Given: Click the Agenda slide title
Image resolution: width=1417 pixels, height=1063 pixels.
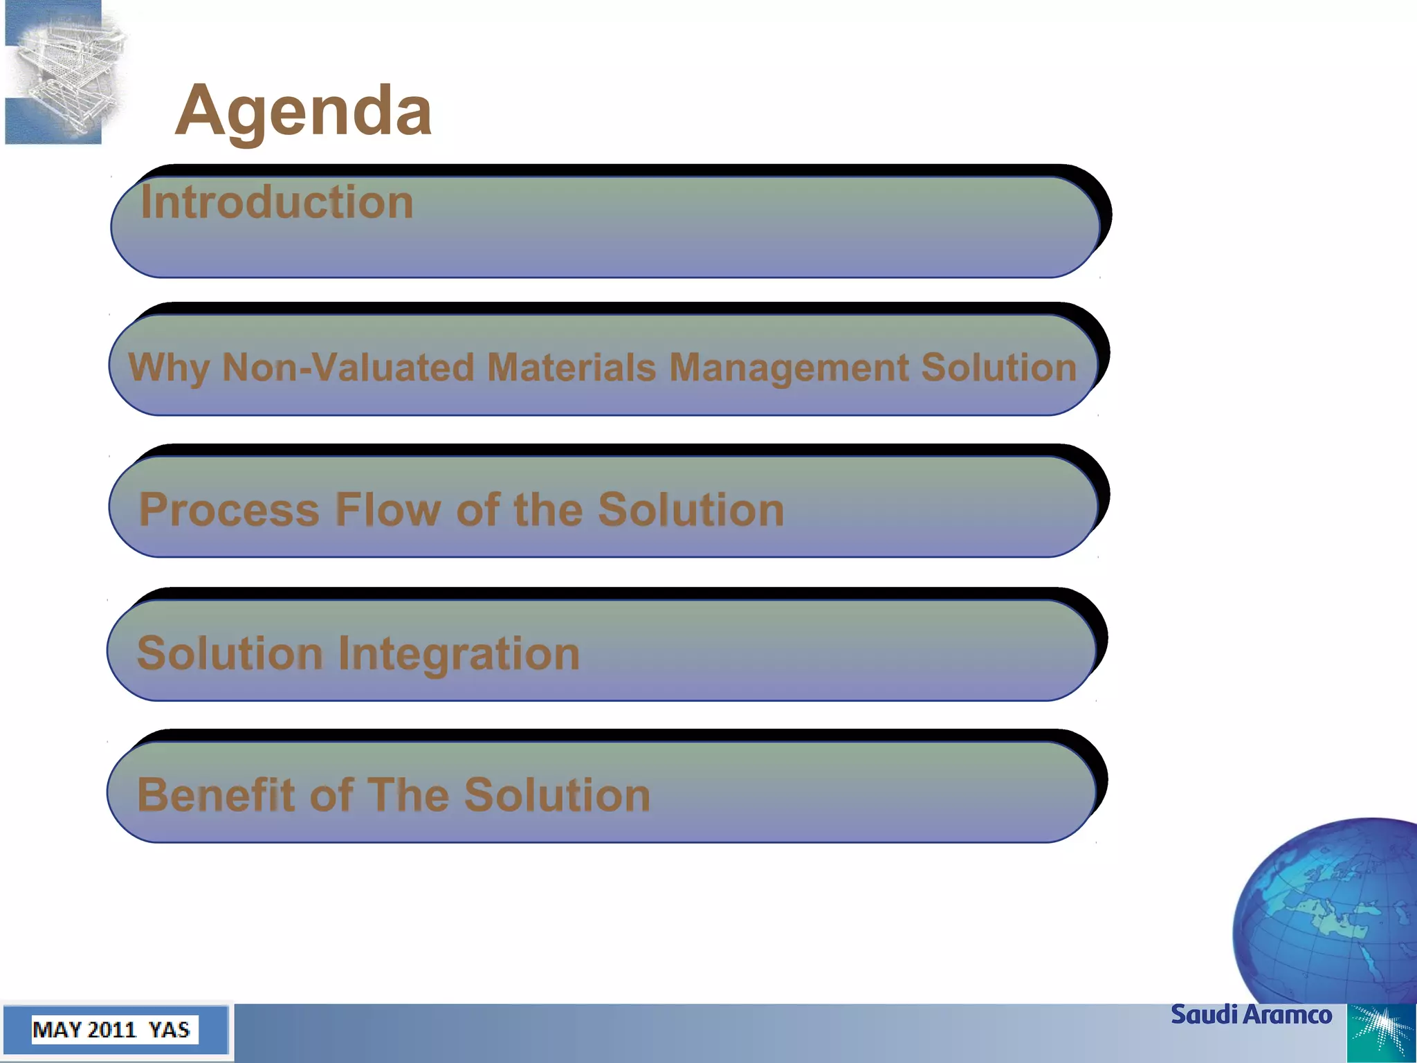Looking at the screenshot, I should tap(303, 111).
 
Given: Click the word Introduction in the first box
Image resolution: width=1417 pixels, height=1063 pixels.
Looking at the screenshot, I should tap(277, 202).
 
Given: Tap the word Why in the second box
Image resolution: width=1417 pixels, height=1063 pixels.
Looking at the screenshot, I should tap(168, 367).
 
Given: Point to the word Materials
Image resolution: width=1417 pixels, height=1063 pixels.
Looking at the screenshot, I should tap(571, 367).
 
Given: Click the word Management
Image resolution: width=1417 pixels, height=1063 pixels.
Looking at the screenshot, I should tap(788, 367).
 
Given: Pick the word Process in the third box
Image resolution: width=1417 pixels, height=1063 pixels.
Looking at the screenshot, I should tap(228, 510).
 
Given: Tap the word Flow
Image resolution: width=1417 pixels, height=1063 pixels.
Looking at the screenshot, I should tap(387, 510).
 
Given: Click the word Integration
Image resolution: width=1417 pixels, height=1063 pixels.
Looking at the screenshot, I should tap(458, 653).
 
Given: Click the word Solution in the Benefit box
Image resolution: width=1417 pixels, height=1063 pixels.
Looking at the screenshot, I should tap(557, 794).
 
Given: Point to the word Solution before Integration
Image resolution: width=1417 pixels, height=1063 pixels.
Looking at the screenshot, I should tap(230, 653).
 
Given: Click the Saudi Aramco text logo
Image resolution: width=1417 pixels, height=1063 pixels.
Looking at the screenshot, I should tap(1251, 1015).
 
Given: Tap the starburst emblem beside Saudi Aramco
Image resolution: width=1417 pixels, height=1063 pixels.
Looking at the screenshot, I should tap(1381, 1033).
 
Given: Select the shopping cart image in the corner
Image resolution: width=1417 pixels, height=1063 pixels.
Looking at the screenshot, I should tap(66, 73).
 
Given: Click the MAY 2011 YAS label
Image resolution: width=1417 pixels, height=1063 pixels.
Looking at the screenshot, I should tap(111, 1030).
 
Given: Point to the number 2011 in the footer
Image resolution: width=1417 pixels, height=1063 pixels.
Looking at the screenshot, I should tap(111, 1030).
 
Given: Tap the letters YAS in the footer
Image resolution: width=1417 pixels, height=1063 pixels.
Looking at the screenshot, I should tap(169, 1030).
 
